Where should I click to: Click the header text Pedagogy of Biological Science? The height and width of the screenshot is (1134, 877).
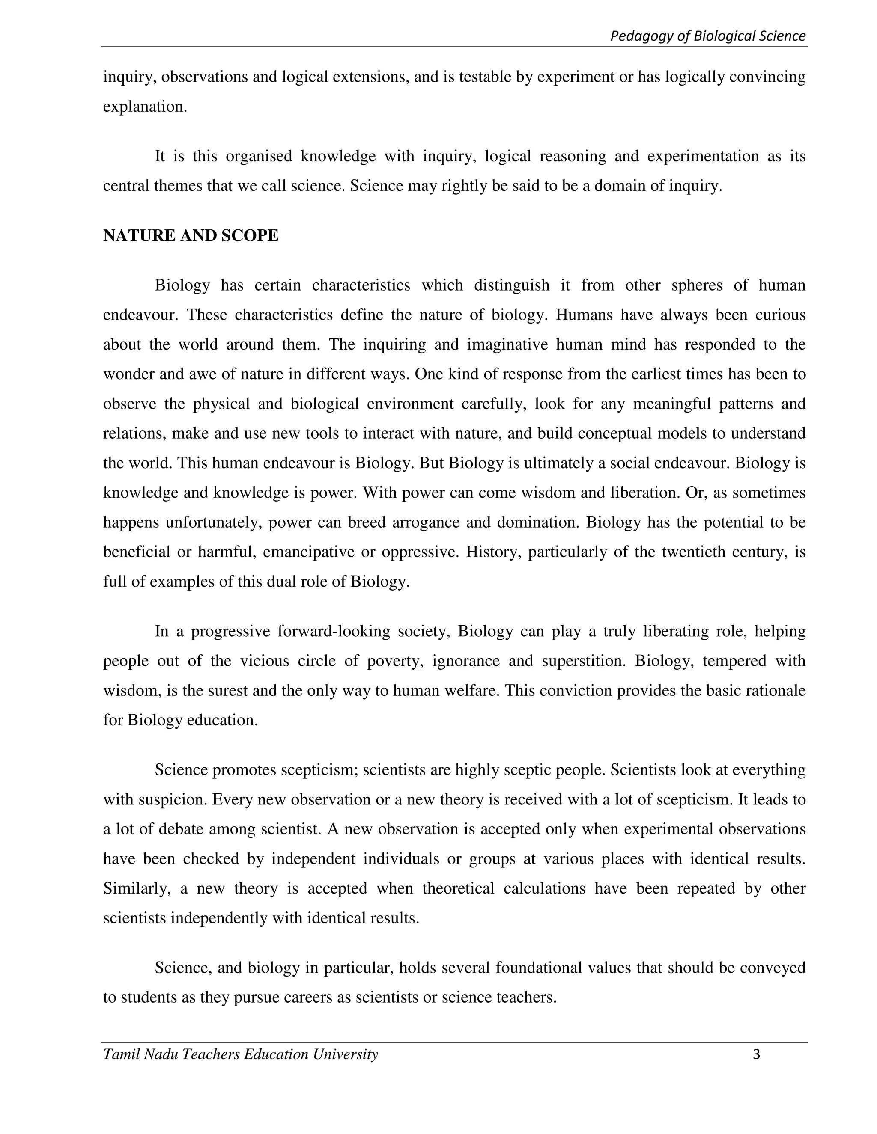click(707, 36)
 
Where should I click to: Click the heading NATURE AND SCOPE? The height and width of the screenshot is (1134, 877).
click(191, 236)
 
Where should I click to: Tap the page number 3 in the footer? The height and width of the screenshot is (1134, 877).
click(756, 1054)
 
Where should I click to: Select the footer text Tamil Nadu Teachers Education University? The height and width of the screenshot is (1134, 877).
click(241, 1054)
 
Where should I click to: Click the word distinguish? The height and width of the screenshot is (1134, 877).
click(511, 285)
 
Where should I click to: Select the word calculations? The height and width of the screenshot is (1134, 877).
click(544, 888)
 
